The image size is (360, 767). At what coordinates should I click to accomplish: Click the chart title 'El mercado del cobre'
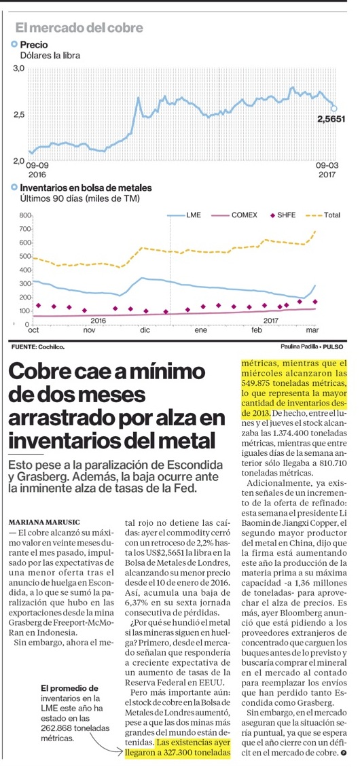(79, 28)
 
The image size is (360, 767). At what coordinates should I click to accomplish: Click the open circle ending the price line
(334, 109)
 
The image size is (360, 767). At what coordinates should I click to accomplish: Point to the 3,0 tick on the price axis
(18, 69)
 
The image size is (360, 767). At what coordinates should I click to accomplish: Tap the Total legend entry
(323, 215)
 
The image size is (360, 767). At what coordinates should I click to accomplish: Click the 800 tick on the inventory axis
(25, 215)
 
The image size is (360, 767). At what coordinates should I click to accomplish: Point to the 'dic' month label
(145, 330)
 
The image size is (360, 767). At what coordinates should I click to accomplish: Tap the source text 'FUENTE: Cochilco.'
(37, 346)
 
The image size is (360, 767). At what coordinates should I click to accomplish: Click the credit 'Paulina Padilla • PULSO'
(312, 346)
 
